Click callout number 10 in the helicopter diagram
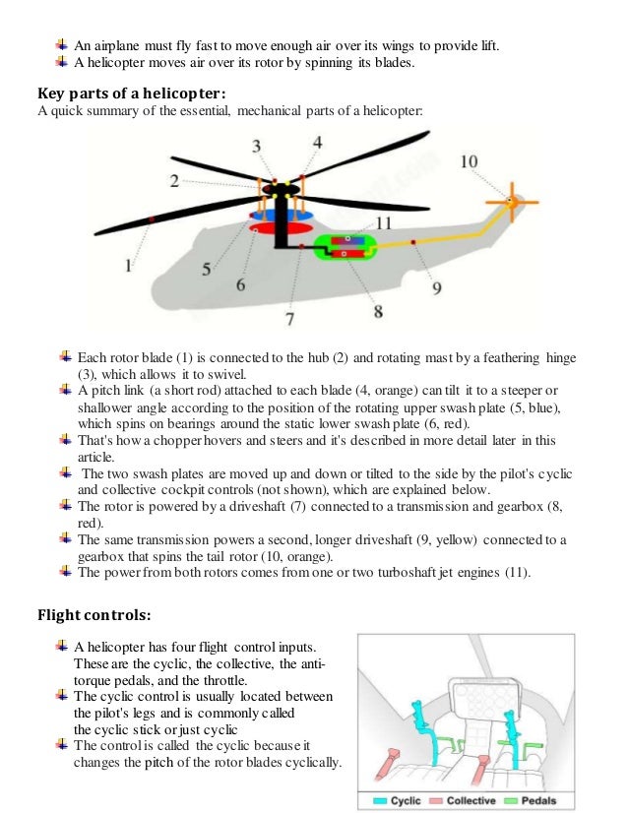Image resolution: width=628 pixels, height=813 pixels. tap(469, 161)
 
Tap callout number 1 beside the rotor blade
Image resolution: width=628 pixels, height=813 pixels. tap(128, 265)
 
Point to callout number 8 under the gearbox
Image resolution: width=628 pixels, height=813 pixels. tap(377, 310)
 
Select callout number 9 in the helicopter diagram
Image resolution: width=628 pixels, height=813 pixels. tap(436, 287)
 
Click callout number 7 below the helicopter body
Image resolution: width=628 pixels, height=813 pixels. tap(289, 318)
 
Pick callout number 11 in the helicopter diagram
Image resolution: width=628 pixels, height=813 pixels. tap(384, 223)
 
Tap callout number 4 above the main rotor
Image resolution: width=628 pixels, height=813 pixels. tap(317, 143)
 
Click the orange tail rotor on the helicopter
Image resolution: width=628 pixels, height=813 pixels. tap(511, 201)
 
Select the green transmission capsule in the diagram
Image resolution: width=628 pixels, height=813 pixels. tap(344, 247)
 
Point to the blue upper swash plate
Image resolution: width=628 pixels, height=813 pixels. tap(281, 214)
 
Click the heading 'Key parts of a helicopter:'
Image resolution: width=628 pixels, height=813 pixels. tap(132, 94)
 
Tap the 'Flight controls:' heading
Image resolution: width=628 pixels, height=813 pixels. tap(94, 615)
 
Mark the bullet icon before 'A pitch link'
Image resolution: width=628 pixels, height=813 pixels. tap(64, 391)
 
